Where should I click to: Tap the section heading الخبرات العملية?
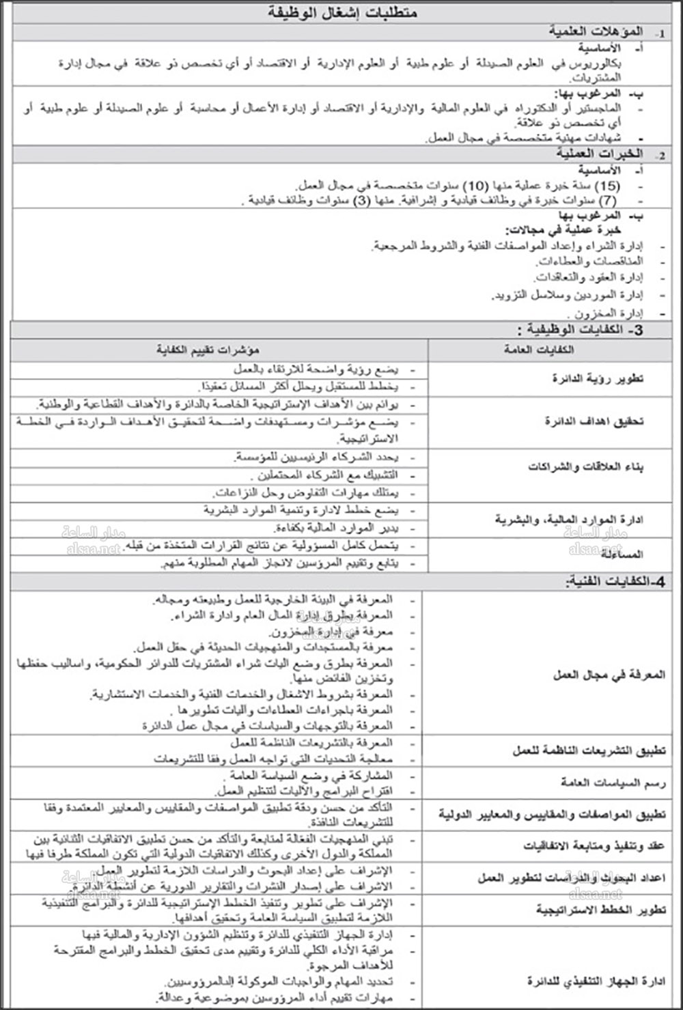(x=596, y=154)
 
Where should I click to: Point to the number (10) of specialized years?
(x=476, y=186)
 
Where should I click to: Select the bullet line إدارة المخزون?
(x=609, y=313)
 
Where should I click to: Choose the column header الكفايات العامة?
(x=539, y=350)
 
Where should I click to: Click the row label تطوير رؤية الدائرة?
(x=598, y=378)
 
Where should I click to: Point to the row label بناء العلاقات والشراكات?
(x=585, y=467)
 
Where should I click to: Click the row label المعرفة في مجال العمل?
(x=609, y=675)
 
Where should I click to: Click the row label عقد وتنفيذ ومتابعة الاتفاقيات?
(x=594, y=846)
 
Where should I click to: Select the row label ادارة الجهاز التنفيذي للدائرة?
(x=596, y=981)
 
